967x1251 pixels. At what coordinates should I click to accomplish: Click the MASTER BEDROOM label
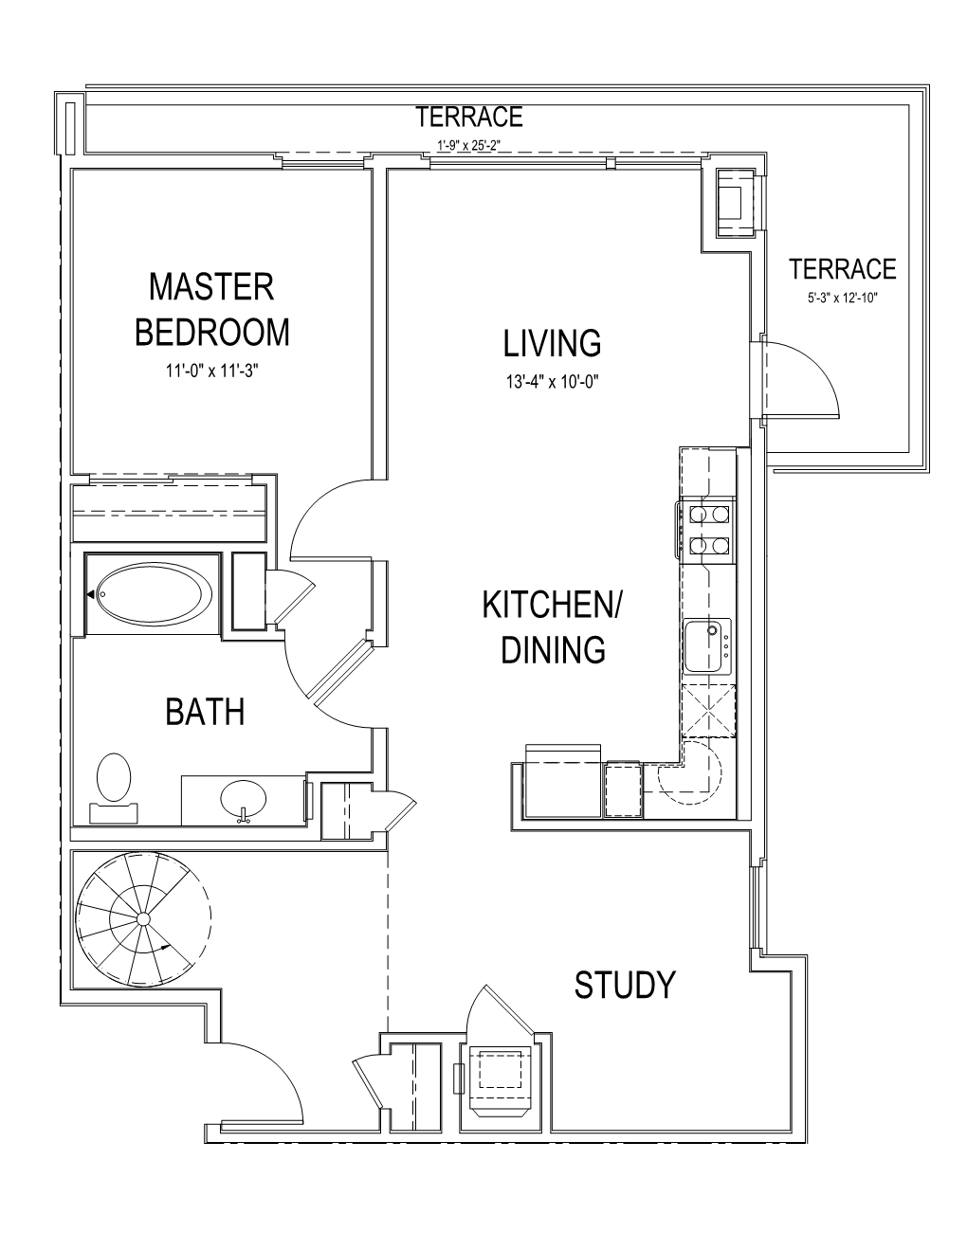pyautogui.click(x=212, y=310)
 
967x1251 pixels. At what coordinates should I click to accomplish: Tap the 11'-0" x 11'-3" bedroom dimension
pyautogui.click(x=212, y=372)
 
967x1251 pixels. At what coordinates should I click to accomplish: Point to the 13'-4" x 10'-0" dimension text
pyautogui.click(x=553, y=382)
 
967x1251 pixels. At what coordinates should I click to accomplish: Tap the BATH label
pyautogui.click(x=205, y=712)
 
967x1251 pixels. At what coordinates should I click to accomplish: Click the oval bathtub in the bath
pyautogui.click(x=154, y=593)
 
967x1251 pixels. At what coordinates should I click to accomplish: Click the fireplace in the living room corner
pyautogui.click(x=735, y=202)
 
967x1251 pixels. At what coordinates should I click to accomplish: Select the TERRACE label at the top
pyautogui.click(x=469, y=117)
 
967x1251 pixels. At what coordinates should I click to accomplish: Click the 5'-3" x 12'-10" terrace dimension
pyautogui.click(x=843, y=299)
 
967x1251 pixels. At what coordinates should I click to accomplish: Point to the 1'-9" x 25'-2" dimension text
pyautogui.click(x=468, y=146)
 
